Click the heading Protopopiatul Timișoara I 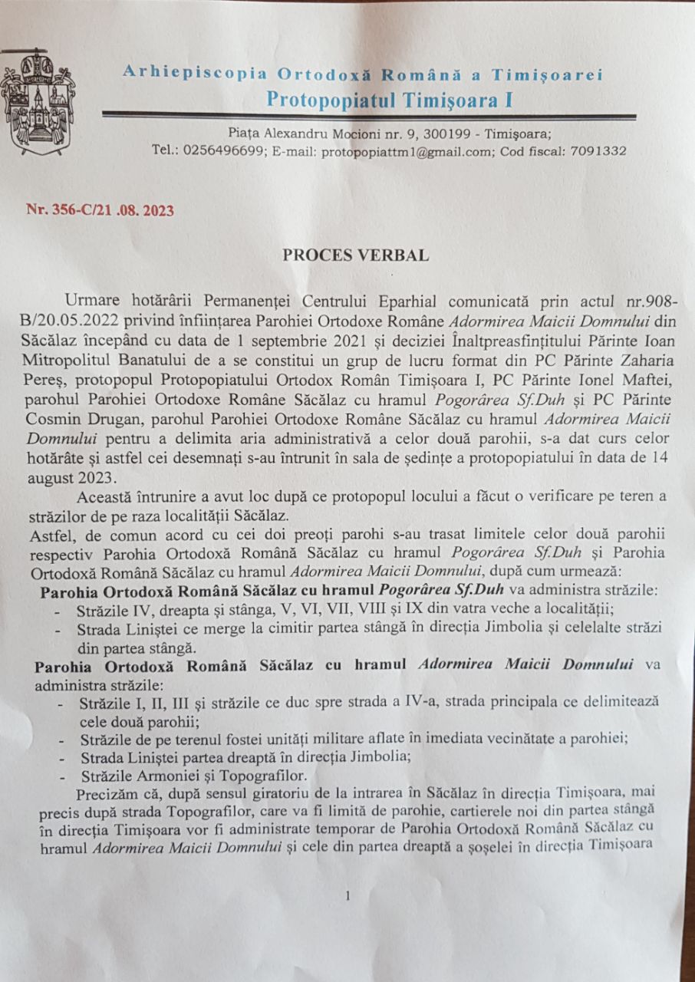390,100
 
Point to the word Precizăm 107,795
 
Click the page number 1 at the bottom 348,895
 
